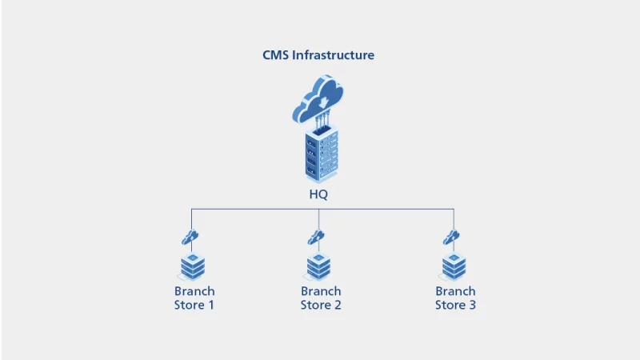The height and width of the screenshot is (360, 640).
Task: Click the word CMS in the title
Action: [276, 55]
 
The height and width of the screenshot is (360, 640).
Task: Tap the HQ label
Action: [319, 194]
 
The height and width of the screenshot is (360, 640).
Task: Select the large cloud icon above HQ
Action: [318, 99]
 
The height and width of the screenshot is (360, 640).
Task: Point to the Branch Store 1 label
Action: [194, 298]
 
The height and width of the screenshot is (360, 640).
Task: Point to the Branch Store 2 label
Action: [321, 298]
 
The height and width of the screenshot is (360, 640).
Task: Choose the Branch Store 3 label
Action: [455, 298]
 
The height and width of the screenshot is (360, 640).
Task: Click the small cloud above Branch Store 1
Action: [190, 237]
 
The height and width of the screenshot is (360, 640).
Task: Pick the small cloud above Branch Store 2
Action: [317, 237]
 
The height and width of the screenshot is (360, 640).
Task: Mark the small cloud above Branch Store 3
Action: [452, 237]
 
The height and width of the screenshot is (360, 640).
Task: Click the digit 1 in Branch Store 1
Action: [210, 305]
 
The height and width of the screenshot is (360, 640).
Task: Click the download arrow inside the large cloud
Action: [321, 102]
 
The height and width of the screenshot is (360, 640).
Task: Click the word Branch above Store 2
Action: [321, 291]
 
